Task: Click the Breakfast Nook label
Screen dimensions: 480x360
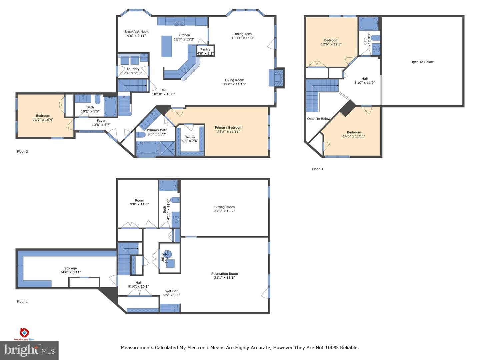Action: pyautogui.click(x=136, y=32)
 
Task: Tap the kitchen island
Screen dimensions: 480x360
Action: pyautogui.click(x=167, y=46)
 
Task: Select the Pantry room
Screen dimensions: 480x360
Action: pyautogui.click(x=205, y=51)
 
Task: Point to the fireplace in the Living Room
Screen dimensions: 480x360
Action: pyautogui.click(x=277, y=78)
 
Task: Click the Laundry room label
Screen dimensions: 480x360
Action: pyautogui.click(x=133, y=69)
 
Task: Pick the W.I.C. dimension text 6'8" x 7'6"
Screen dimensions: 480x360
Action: pyautogui.click(x=190, y=141)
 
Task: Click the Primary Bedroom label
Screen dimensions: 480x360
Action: pyautogui.click(x=229, y=128)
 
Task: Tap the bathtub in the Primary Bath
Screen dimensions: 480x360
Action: pyautogui.click(x=148, y=148)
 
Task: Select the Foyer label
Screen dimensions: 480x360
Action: pyautogui.click(x=101, y=121)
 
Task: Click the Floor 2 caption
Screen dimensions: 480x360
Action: pyautogui.click(x=22, y=151)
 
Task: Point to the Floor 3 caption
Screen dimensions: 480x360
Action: pyautogui.click(x=317, y=169)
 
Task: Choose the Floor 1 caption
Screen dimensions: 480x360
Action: pyautogui.click(x=22, y=302)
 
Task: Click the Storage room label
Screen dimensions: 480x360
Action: pyautogui.click(x=70, y=268)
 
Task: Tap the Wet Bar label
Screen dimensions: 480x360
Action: pyautogui.click(x=171, y=291)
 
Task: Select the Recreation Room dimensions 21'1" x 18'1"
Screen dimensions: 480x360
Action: pyautogui.click(x=225, y=278)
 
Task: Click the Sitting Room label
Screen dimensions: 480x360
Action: pyautogui.click(x=225, y=207)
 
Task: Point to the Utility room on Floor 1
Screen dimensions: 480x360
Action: pyautogui.click(x=170, y=258)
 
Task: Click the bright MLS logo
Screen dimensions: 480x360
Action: pyautogui.click(x=29, y=350)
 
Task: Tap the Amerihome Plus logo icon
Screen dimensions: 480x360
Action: pyautogui.click(x=24, y=332)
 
